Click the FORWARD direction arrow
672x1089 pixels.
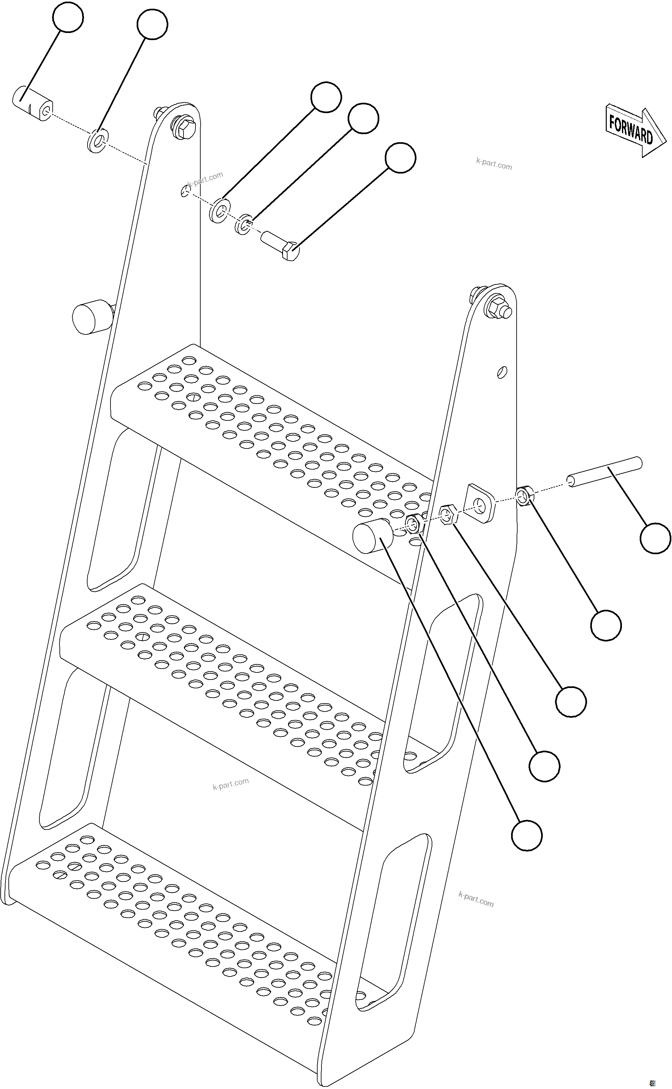coord(635,130)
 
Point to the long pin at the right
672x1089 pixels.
coord(604,471)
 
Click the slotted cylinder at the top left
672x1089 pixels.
coord(32,103)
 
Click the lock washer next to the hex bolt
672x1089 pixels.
coord(244,225)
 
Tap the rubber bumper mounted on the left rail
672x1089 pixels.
coord(91,317)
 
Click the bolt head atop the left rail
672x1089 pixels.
coord(184,127)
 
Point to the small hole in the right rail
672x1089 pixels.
coord(502,372)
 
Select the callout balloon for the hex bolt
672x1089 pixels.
coord(400,158)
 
